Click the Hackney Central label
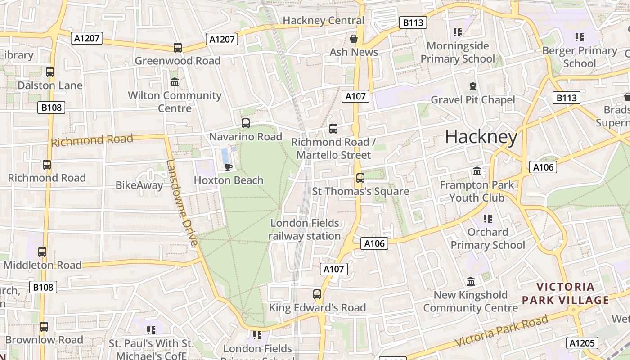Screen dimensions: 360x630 pos(323,20)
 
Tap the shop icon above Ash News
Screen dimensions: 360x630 pos(354,39)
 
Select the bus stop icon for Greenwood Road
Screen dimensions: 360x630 pos(178,47)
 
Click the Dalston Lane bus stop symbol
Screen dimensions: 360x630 pos(50,72)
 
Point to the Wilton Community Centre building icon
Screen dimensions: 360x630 pos(175,82)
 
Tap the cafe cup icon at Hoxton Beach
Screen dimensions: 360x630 pos(229,167)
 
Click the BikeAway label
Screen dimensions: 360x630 pos(139,185)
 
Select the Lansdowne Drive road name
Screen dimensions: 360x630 pos(182,202)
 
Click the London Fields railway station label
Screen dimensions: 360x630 pos(305,229)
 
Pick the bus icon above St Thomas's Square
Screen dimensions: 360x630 pos(360,178)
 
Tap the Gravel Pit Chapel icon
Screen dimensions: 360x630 pos(472,86)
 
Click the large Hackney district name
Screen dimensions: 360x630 pos(481,137)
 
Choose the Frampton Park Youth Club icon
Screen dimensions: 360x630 pos(477,171)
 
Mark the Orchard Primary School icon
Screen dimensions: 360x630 pos(487,219)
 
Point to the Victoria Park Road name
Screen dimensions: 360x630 pos(501,333)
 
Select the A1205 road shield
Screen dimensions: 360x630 pos(582,343)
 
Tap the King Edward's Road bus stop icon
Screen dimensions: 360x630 pos(317,294)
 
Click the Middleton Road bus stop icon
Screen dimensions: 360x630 pos(42,252)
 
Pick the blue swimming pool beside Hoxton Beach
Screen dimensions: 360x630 pos(225,157)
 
